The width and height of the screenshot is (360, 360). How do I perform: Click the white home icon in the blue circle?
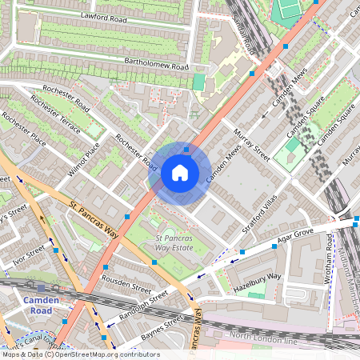point(180,173)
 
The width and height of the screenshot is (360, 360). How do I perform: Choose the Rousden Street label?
point(126,283)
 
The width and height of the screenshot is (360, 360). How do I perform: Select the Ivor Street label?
point(29,255)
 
